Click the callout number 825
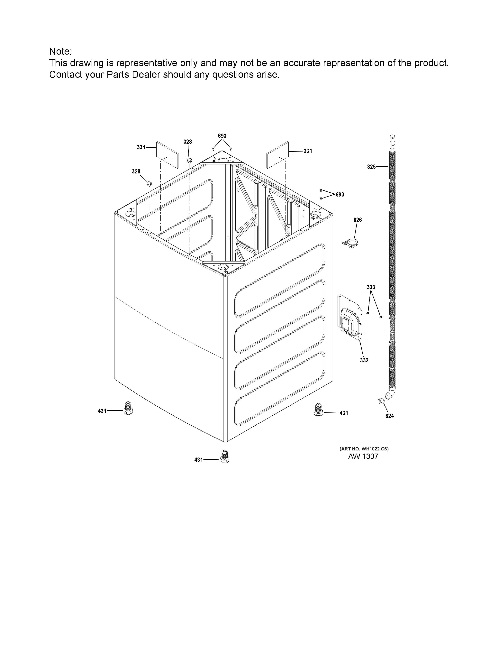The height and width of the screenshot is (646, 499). tap(371, 167)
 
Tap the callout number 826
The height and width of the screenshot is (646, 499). tap(357, 220)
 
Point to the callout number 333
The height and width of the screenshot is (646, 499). tap(371, 287)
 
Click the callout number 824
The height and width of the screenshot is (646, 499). tap(390, 416)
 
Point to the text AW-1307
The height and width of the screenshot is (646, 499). tap(363, 456)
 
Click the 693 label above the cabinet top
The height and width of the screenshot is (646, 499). tap(222, 136)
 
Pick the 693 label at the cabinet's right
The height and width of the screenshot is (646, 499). tap(340, 195)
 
